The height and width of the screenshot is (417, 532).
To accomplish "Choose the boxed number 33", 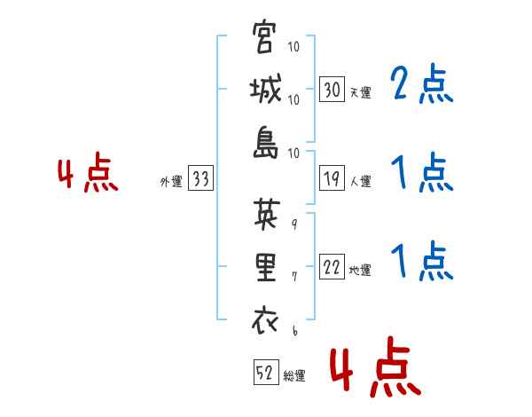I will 200,179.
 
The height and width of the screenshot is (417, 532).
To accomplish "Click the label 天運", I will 360,91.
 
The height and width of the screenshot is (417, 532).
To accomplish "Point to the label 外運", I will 171,181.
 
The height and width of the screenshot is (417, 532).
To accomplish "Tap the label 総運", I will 294,376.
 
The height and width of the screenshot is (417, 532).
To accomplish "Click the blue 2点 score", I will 422,85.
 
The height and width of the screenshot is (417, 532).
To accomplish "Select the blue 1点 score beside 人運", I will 422,172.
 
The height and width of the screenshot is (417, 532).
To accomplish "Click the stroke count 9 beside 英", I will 294,224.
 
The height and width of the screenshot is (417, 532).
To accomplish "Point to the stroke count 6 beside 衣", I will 294,329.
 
